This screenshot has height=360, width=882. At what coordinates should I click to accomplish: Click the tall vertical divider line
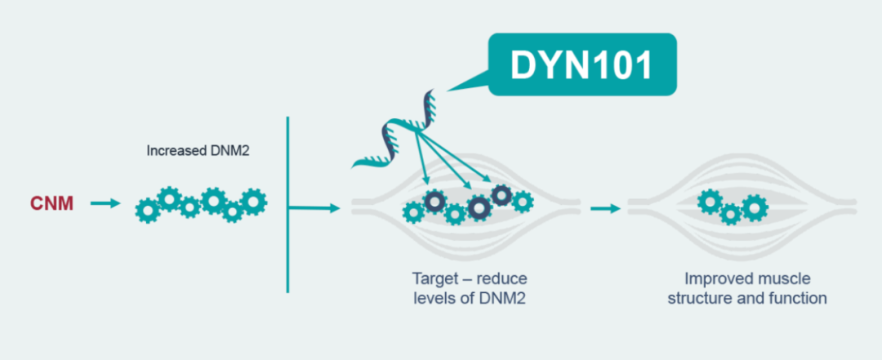click(287, 204)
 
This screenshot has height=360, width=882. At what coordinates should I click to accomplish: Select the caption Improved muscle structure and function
click(746, 287)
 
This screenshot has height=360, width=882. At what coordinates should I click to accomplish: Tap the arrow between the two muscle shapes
click(604, 208)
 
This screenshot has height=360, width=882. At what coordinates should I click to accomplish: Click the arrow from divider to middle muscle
click(314, 208)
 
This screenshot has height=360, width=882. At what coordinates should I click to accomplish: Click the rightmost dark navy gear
click(502, 194)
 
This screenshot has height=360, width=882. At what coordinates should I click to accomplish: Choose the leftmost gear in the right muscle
click(710, 202)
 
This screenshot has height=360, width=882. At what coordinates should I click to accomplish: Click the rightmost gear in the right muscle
click(753, 206)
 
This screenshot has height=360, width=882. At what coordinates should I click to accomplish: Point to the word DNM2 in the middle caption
click(506, 298)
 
